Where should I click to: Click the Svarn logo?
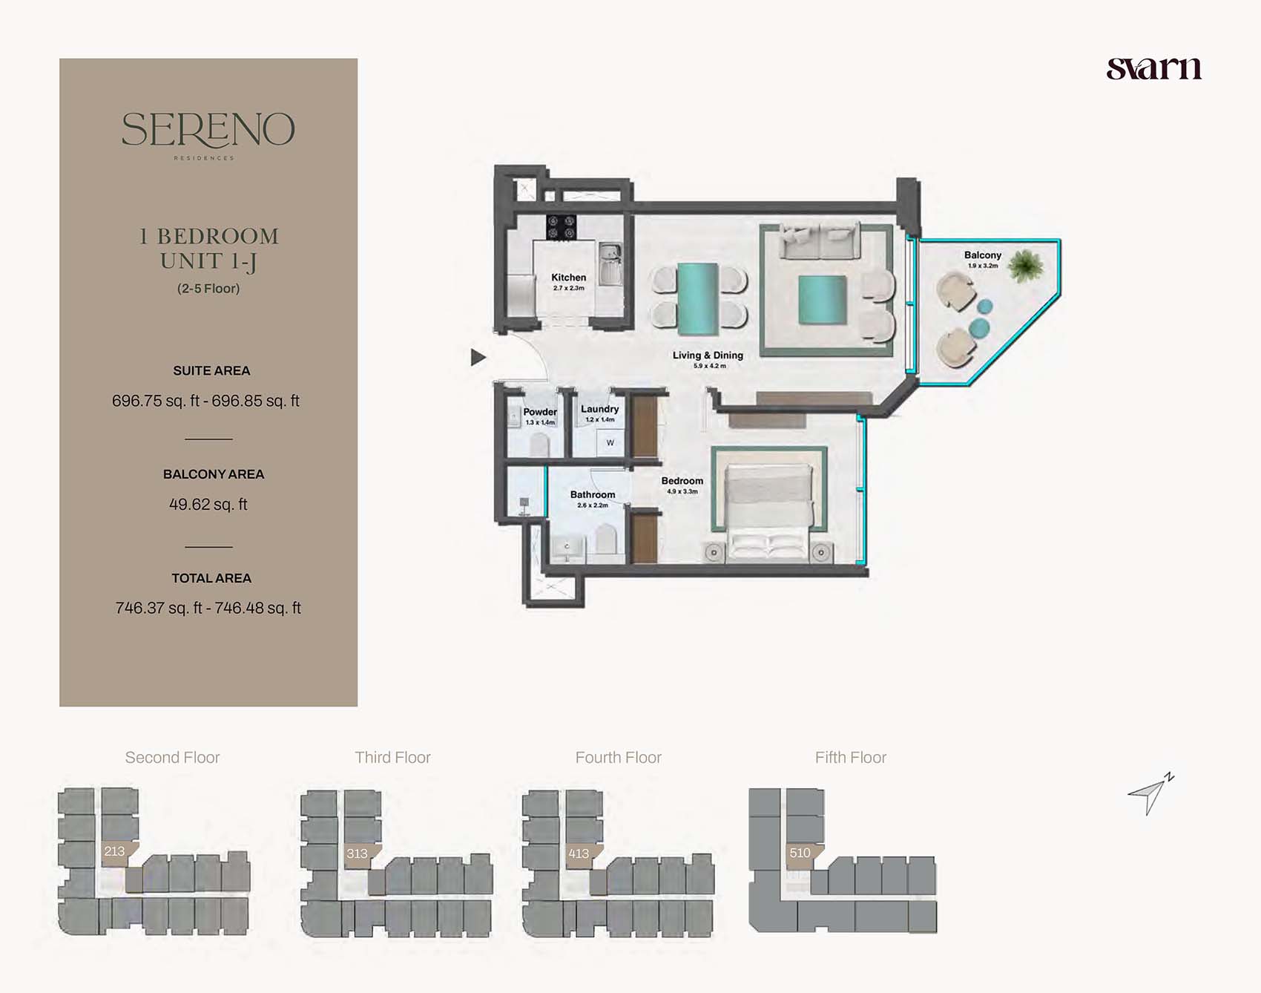coord(1153,68)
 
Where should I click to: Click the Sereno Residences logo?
coord(208,134)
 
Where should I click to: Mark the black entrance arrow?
coord(478,357)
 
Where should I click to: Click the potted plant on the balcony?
coord(1026,266)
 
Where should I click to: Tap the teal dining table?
coord(698,299)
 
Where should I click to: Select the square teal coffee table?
coord(823,300)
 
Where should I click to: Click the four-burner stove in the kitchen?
coord(561,227)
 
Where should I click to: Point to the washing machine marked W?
coord(610,443)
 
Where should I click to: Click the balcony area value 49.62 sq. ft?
coord(208,505)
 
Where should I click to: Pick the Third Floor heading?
coord(392,758)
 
